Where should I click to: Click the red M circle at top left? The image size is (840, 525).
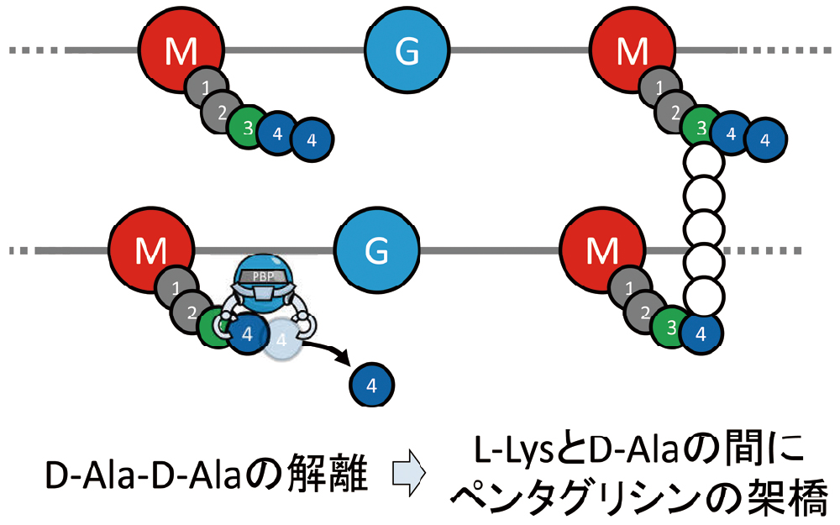point(181,53)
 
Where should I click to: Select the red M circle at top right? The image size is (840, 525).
point(633,53)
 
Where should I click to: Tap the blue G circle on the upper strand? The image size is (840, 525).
point(407,53)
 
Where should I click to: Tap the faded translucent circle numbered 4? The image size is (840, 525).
point(283,340)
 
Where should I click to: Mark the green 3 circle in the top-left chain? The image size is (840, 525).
point(247,127)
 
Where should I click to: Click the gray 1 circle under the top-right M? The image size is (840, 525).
point(658,87)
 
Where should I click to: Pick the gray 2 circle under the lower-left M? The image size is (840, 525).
point(191,312)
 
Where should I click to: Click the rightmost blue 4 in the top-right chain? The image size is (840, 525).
point(764,139)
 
